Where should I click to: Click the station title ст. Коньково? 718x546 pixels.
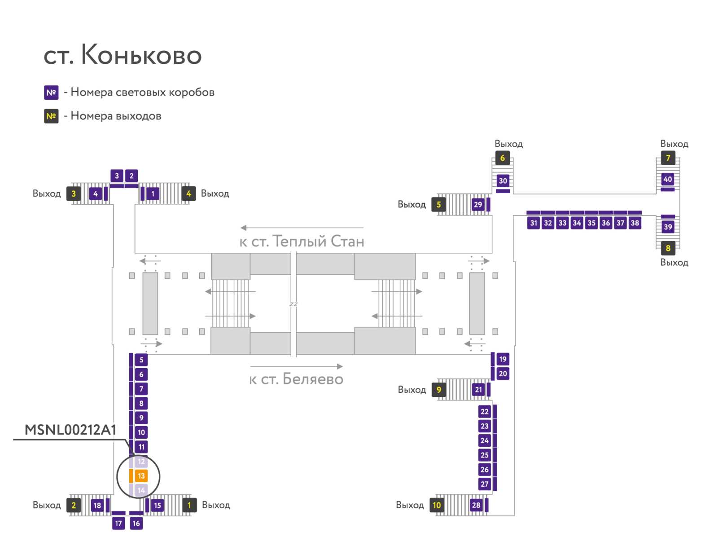(x=123, y=56)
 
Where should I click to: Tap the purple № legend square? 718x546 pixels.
(x=51, y=92)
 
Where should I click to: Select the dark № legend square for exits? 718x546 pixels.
(x=51, y=116)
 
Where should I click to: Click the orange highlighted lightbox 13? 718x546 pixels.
(x=141, y=476)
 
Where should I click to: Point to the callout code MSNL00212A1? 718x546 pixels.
(x=70, y=430)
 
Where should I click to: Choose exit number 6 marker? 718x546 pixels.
(x=503, y=158)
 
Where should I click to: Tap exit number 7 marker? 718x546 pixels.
(x=668, y=158)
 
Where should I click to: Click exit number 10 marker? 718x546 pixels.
(x=437, y=505)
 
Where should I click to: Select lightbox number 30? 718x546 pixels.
(x=503, y=181)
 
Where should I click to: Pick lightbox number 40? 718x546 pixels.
(x=668, y=179)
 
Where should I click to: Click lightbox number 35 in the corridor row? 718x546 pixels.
(x=591, y=223)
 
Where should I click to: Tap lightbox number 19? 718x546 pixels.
(x=503, y=359)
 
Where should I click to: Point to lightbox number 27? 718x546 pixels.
(x=485, y=484)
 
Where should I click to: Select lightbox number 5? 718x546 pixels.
(x=141, y=360)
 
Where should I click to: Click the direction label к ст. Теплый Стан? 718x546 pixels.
(x=302, y=242)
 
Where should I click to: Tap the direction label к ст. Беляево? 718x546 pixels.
(x=296, y=379)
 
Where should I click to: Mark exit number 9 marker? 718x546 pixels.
(x=438, y=390)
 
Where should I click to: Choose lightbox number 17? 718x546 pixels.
(x=118, y=523)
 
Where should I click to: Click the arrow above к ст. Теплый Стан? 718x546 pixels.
(x=302, y=228)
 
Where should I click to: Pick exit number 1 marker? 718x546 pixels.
(x=189, y=505)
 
